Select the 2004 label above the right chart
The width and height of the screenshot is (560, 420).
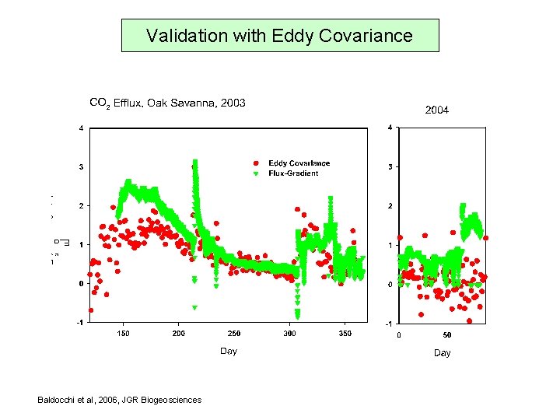(436, 110)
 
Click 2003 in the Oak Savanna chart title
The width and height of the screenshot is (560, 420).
(233, 103)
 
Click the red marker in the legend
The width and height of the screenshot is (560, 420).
(257, 163)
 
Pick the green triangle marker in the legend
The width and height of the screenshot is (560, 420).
(257, 173)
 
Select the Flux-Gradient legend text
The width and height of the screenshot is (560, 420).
(293, 173)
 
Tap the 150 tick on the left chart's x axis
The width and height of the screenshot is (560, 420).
(123, 334)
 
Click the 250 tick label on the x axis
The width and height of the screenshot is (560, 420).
(234, 334)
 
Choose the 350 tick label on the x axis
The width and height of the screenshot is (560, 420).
(345, 334)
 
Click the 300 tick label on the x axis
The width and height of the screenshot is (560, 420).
(289, 334)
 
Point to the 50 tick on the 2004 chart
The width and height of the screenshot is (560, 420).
(446, 335)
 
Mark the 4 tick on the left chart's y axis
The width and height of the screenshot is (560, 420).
(82, 128)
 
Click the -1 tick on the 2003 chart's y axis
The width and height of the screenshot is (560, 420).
(80, 323)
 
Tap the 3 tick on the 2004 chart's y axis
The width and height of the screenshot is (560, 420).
(390, 167)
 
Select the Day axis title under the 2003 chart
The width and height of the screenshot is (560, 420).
(228, 352)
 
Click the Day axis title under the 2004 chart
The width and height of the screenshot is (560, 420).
(442, 353)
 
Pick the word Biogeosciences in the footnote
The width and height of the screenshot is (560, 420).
(172, 400)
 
